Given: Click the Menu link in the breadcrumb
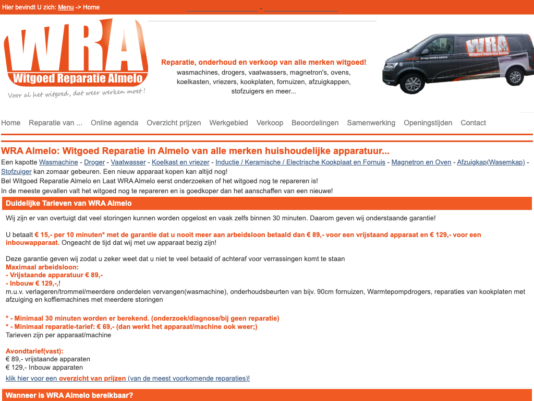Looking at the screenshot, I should pyautogui.click(x=66, y=7).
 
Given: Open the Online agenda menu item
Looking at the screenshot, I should pyautogui.click(x=114, y=123).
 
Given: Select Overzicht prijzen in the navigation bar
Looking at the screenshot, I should pyautogui.click(x=174, y=123).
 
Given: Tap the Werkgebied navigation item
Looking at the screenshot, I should pyautogui.click(x=228, y=123).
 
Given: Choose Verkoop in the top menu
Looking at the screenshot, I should pyautogui.click(x=270, y=123).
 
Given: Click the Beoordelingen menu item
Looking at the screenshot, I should pyautogui.click(x=315, y=123).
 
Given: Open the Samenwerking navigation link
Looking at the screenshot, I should pyautogui.click(x=371, y=123).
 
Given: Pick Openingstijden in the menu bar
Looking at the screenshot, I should pyautogui.click(x=428, y=123).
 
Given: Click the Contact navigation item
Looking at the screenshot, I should pyautogui.click(x=473, y=123).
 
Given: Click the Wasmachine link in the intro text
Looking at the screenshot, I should pyautogui.click(x=58, y=162).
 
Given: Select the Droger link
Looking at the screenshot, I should pyautogui.click(x=94, y=162).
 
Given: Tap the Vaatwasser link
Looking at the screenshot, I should pyautogui.click(x=128, y=162).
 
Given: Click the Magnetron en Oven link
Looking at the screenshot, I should pyautogui.click(x=421, y=162).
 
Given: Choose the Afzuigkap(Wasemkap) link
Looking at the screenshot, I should pyautogui.click(x=491, y=162).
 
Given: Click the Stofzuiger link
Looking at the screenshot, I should pyautogui.click(x=16, y=171).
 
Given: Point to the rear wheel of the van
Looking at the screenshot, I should pyautogui.click(x=514, y=76).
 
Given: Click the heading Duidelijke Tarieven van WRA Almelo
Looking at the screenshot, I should pyautogui.click(x=68, y=203).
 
